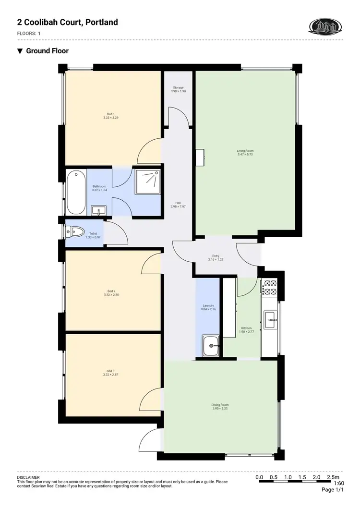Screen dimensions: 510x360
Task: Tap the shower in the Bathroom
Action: (x=149, y=181)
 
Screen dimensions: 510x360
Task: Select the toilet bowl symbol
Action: (x=74, y=232)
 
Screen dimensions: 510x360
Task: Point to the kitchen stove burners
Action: (x=269, y=288)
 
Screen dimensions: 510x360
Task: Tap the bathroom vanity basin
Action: (x=99, y=210)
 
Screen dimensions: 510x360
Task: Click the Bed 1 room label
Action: (x=110, y=113)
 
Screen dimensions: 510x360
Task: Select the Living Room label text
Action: (x=245, y=151)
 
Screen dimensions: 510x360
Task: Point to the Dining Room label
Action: (x=220, y=405)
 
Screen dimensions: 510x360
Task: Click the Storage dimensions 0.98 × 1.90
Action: (x=178, y=91)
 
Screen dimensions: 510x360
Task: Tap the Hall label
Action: (x=178, y=203)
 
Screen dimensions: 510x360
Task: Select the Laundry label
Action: (x=208, y=305)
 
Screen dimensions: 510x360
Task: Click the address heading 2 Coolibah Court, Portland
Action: (x=67, y=22)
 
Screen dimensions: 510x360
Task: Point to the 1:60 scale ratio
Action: (x=338, y=483)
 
